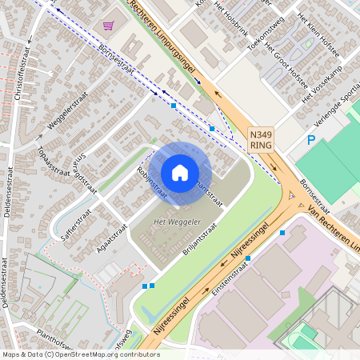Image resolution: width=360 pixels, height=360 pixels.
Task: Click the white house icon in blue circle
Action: point(180,172)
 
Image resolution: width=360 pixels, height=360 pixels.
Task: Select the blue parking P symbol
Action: point(312,141)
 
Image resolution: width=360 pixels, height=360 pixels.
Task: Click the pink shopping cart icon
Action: point(108,26)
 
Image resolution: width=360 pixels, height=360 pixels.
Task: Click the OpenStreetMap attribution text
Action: point(81,354)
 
